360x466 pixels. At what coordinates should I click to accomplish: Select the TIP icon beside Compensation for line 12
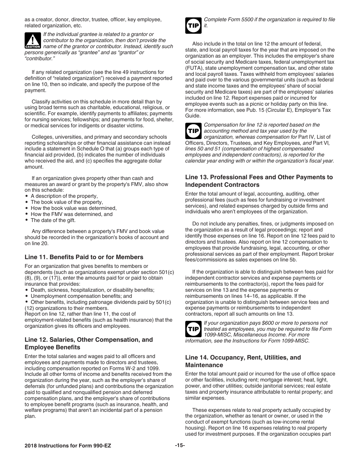click(x=193, y=131)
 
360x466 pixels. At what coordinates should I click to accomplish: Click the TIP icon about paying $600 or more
click(x=193, y=329)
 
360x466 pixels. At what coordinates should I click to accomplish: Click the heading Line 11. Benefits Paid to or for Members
click(x=84, y=257)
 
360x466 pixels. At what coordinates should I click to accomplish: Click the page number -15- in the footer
click(x=180, y=445)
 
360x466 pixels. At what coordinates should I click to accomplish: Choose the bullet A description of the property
click(x=64, y=196)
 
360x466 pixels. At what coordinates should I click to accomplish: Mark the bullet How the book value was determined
click(x=74, y=208)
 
